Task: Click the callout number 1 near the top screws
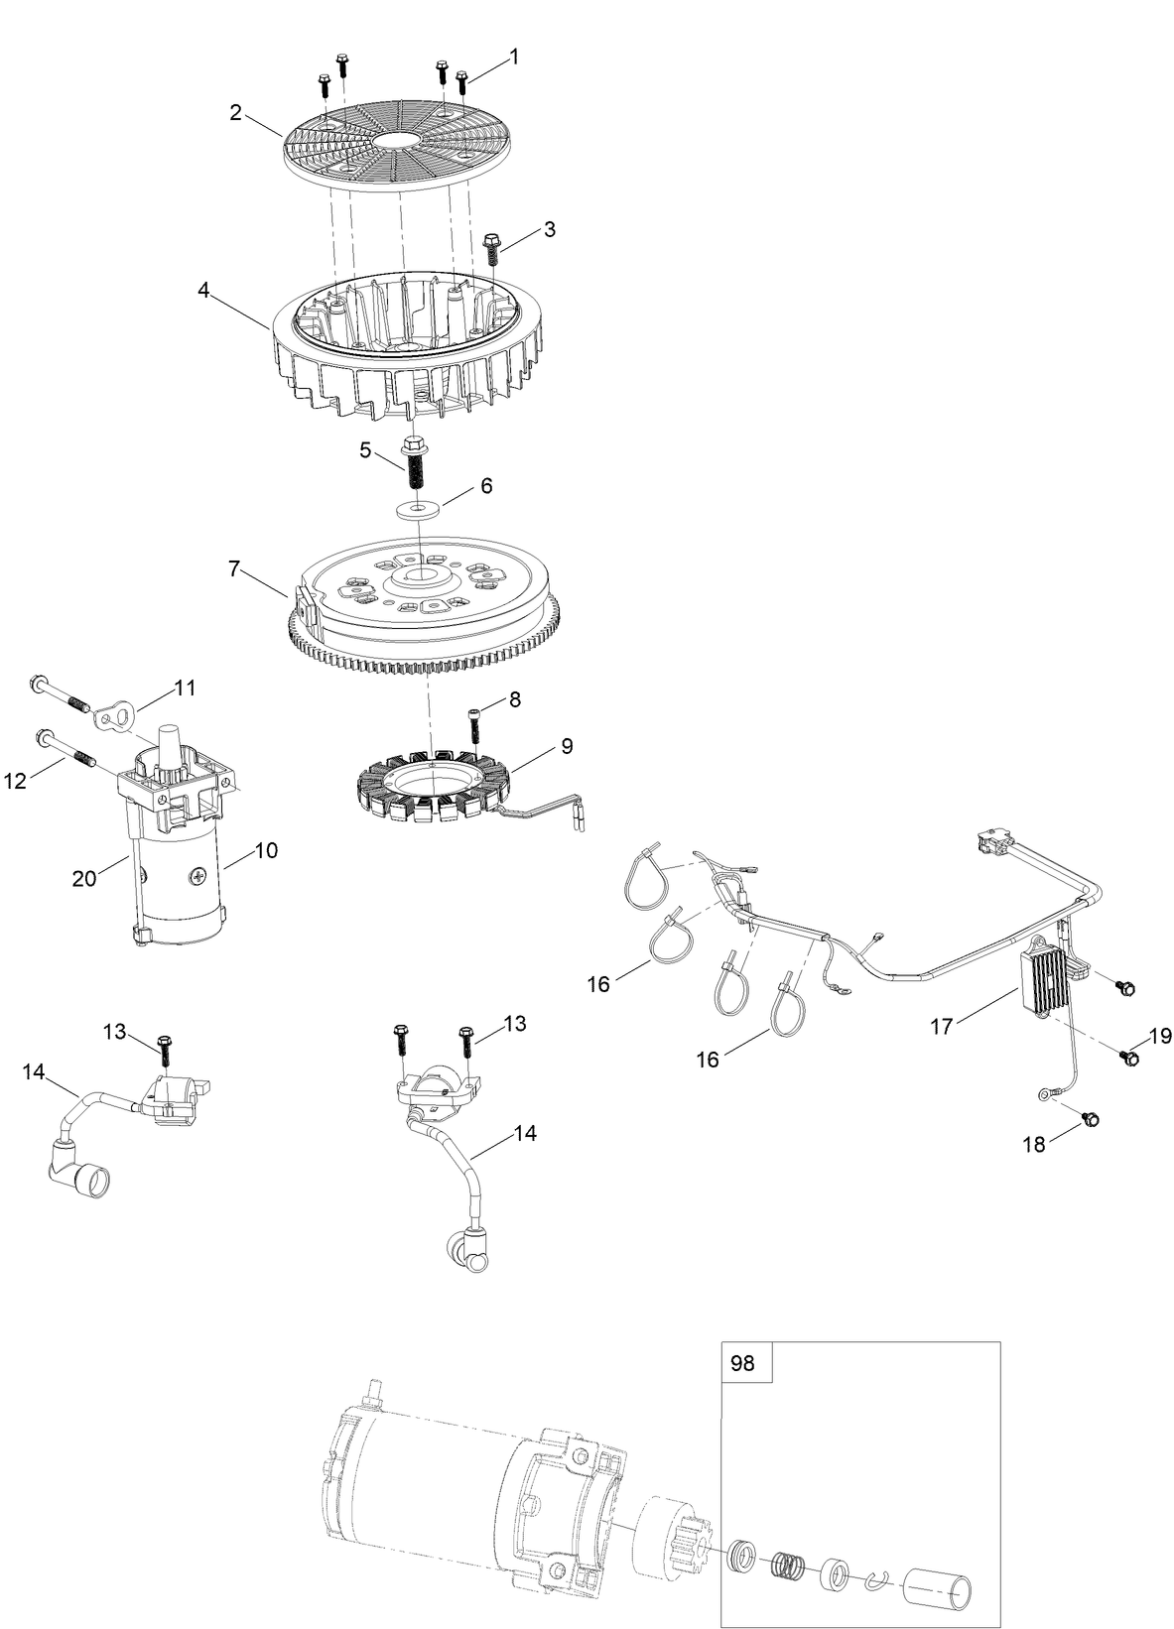click(514, 58)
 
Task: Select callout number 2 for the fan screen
click(235, 112)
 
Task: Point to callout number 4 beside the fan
click(203, 291)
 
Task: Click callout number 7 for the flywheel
click(235, 568)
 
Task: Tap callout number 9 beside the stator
click(566, 746)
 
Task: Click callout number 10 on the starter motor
click(266, 850)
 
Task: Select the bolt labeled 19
click(1128, 1059)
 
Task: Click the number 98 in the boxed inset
click(742, 1363)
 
